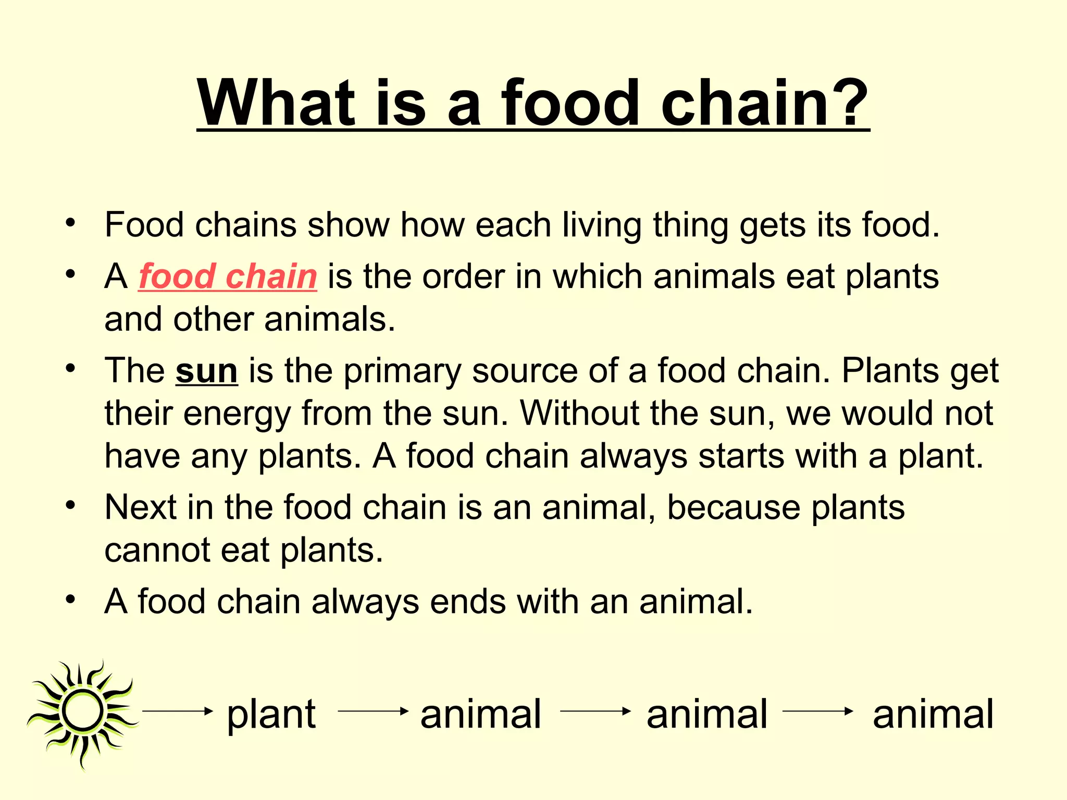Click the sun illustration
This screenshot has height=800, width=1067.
(x=82, y=711)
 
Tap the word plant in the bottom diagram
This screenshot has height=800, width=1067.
(x=271, y=715)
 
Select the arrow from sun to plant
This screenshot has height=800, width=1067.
(x=178, y=711)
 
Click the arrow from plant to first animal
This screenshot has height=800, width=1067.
(x=373, y=711)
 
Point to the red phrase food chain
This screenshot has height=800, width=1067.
(x=228, y=276)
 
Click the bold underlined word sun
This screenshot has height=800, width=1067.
(x=207, y=371)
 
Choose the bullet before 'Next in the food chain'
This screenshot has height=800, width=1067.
(x=71, y=505)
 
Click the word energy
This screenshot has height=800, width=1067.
(x=237, y=414)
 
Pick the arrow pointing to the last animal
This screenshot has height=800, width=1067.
(x=817, y=711)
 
